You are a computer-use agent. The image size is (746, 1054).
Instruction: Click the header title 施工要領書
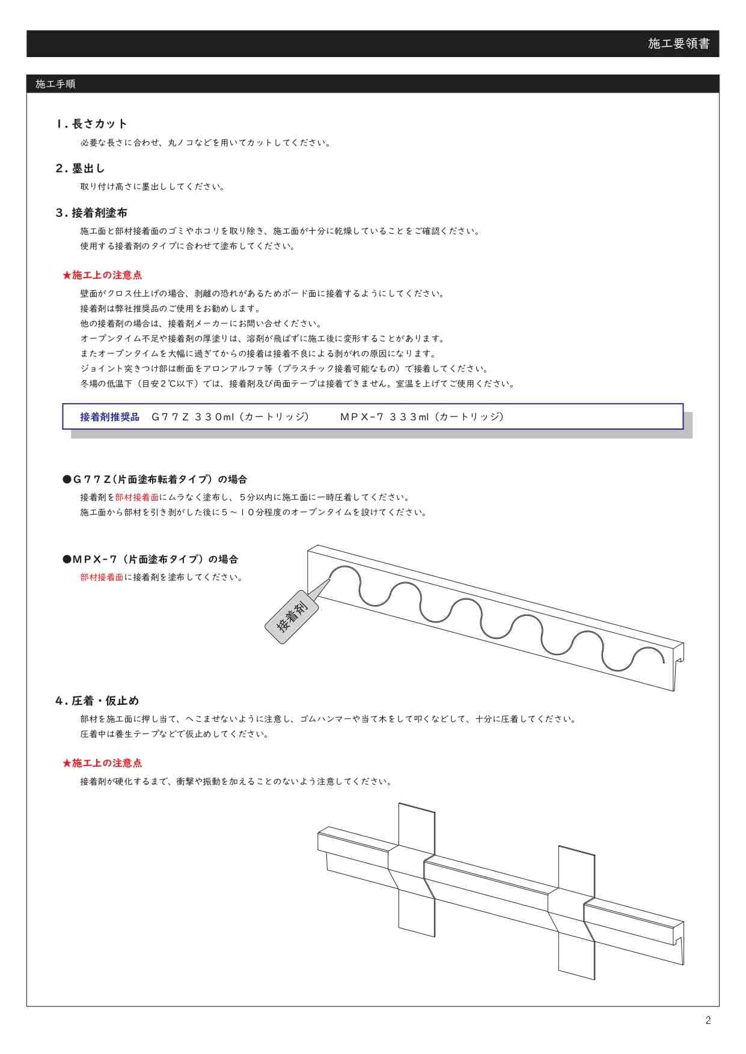(x=679, y=43)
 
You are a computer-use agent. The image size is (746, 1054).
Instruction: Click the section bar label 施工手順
(x=55, y=84)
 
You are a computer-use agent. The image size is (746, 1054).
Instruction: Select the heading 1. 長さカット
(x=91, y=124)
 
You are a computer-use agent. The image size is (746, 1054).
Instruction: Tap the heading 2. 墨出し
(x=80, y=168)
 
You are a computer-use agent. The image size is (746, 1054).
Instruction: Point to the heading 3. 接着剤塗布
(x=91, y=213)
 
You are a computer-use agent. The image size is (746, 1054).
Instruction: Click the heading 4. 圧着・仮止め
(x=97, y=701)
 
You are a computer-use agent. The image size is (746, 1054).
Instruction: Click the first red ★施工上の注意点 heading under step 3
(x=102, y=275)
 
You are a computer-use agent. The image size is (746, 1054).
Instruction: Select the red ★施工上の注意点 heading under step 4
(x=102, y=763)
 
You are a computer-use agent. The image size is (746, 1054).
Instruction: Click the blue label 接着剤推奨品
(x=109, y=417)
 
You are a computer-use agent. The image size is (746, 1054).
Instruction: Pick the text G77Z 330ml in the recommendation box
(x=192, y=417)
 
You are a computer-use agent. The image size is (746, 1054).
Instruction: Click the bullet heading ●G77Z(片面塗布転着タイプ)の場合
(x=155, y=480)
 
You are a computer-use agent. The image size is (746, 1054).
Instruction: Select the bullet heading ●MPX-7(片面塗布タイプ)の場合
(x=150, y=559)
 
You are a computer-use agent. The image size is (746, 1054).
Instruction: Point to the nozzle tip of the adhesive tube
(x=330, y=579)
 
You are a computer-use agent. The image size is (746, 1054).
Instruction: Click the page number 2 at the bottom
(x=708, y=1020)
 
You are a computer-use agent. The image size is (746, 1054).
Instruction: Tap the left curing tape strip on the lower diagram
(x=416, y=870)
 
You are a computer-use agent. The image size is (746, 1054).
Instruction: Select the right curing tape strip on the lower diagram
(x=576, y=913)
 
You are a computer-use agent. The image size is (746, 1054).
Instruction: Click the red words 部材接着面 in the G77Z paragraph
(x=137, y=498)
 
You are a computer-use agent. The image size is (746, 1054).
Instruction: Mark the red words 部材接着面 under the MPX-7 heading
(x=102, y=577)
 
